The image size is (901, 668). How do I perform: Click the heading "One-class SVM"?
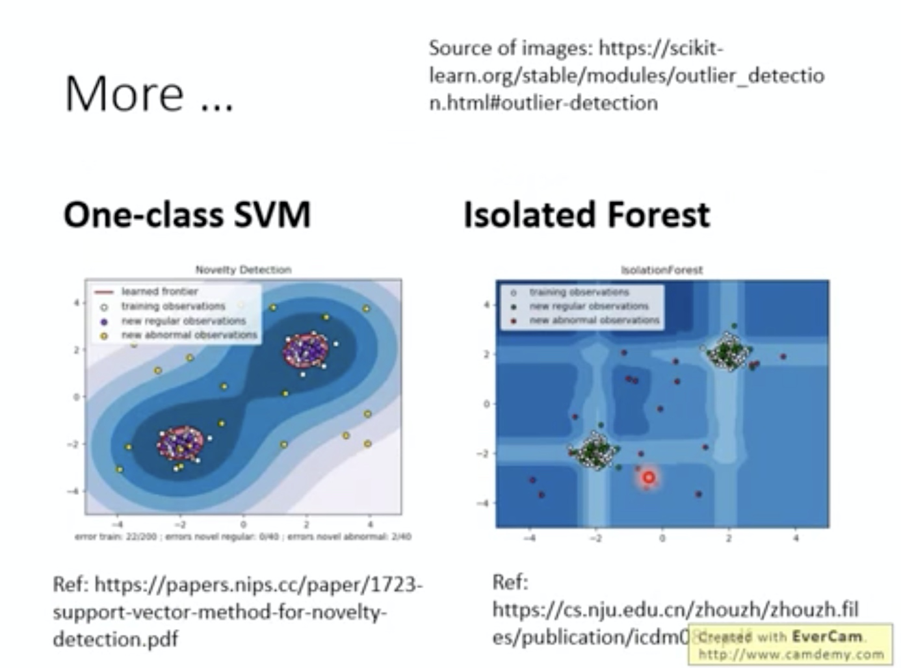(187, 215)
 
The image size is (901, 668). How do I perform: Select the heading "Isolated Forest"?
(586, 215)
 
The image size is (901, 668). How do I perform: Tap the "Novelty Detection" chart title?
(243, 270)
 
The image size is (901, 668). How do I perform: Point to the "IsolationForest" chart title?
(662, 270)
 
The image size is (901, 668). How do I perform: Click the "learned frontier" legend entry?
(159, 292)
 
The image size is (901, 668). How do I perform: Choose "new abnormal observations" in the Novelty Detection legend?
(189, 335)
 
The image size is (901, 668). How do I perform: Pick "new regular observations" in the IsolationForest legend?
(588, 306)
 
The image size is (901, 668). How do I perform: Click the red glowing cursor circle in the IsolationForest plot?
(648, 478)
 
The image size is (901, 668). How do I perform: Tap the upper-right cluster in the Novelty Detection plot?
(306, 352)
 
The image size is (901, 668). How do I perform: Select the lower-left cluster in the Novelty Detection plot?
(180, 443)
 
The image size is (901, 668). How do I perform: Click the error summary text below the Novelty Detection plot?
(243, 537)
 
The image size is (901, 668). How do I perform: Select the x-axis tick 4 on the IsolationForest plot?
(796, 538)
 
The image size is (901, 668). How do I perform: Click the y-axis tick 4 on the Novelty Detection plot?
(76, 303)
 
